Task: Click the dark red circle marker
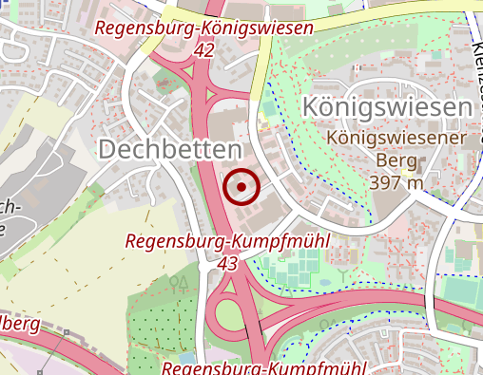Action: click(x=242, y=187)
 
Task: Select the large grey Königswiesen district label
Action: click(x=387, y=107)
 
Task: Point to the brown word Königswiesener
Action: click(x=396, y=139)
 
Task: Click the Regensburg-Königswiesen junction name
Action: click(x=203, y=29)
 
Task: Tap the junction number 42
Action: click(x=203, y=51)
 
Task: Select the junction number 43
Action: click(x=227, y=263)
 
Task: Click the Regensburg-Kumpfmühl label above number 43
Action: click(x=227, y=242)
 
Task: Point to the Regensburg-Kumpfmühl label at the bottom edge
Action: click(x=264, y=367)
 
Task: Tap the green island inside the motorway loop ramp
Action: click(x=227, y=312)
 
